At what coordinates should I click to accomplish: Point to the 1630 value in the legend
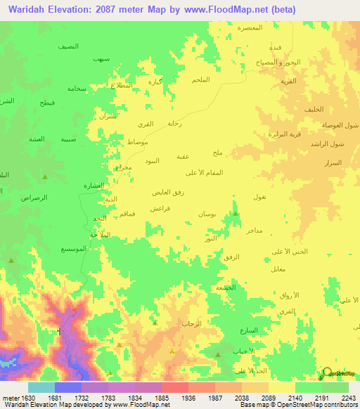pos(27,398)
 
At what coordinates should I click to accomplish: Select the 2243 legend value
pos(340,398)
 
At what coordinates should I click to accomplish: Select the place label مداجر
pos(255,230)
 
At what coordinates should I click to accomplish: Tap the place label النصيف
pos(68,46)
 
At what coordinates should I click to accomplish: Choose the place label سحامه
pos(77,89)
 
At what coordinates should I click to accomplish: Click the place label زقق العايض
pos(169,192)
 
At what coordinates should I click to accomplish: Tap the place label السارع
pos(248,330)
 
